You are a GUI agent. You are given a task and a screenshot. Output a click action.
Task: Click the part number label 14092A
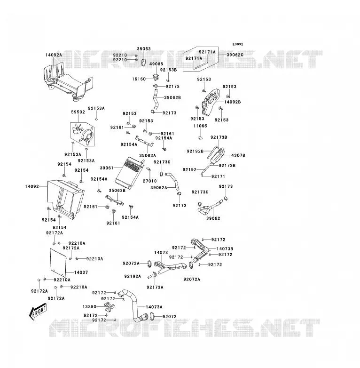pyautogui.click(x=54, y=55)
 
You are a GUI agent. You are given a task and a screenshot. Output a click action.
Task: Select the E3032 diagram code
pyautogui.click(x=238, y=44)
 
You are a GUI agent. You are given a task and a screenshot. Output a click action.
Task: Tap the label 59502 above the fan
pyautogui.click(x=78, y=112)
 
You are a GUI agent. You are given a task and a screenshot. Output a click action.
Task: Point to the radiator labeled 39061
pyautogui.click(x=129, y=173)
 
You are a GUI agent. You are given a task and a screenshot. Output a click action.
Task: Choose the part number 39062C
pyautogui.click(x=235, y=55)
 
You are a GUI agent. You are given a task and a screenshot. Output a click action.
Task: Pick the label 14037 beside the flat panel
pyautogui.click(x=81, y=272)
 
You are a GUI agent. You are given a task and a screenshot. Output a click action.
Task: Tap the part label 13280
pyautogui.click(x=89, y=307)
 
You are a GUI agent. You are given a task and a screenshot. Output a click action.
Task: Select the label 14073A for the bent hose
pyautogui.click(x=154, y=307)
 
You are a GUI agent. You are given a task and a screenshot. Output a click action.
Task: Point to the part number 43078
pyautogui.click(x=238, y=155)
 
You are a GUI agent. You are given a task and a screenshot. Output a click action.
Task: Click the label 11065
pyautogui.click(x=200, y=126)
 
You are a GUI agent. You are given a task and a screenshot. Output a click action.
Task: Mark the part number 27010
pyautogui.click(x=150, y=181)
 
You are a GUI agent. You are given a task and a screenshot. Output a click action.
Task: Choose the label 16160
pyautogui.click(x=139, y=79)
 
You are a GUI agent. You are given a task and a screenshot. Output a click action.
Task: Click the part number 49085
pyautogui.click(x=156, y=64)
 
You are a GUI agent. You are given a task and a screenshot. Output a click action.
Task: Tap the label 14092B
pyautogui.click(x=233, y=102)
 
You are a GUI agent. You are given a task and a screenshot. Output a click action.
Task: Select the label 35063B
pyautogui.click(x=117, y=190)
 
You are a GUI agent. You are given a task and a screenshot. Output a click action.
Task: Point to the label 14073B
pyautogui.click(x=225, y=249)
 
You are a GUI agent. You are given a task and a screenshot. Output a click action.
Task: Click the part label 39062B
pyautogui.click(x=172, y=97)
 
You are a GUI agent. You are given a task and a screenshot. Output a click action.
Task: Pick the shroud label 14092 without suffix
pyautogui.click(x=32, y=186)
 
